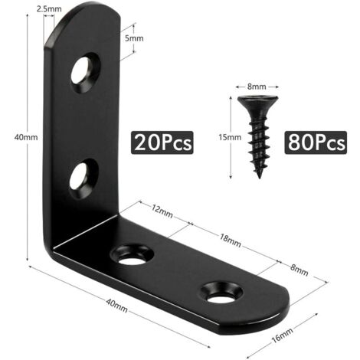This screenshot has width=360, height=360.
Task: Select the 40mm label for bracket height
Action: coord(17,138)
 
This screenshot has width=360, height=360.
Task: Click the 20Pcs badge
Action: coord(162,142)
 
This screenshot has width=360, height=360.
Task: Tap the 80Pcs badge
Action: coord(316,142)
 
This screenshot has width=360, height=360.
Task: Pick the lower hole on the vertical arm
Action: coord(82,175)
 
